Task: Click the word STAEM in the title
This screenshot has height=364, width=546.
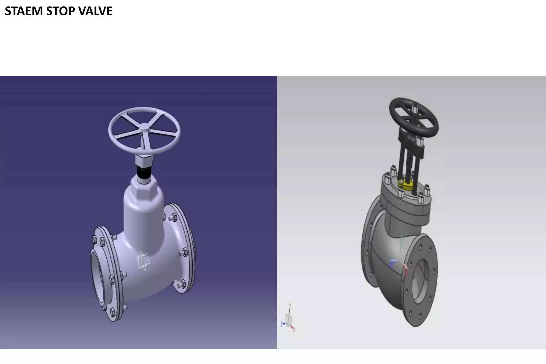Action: click(x=24, y=11)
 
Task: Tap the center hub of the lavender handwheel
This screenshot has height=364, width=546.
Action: click(x=144, y=127)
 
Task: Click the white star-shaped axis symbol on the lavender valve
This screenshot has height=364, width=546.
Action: click(x=143, y=261)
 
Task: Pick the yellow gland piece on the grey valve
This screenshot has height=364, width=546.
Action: click(x=405, y=184)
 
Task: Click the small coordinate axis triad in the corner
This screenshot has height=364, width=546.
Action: click(x=288, y=320)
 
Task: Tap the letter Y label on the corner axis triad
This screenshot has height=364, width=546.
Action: click(x=290, y=305)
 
